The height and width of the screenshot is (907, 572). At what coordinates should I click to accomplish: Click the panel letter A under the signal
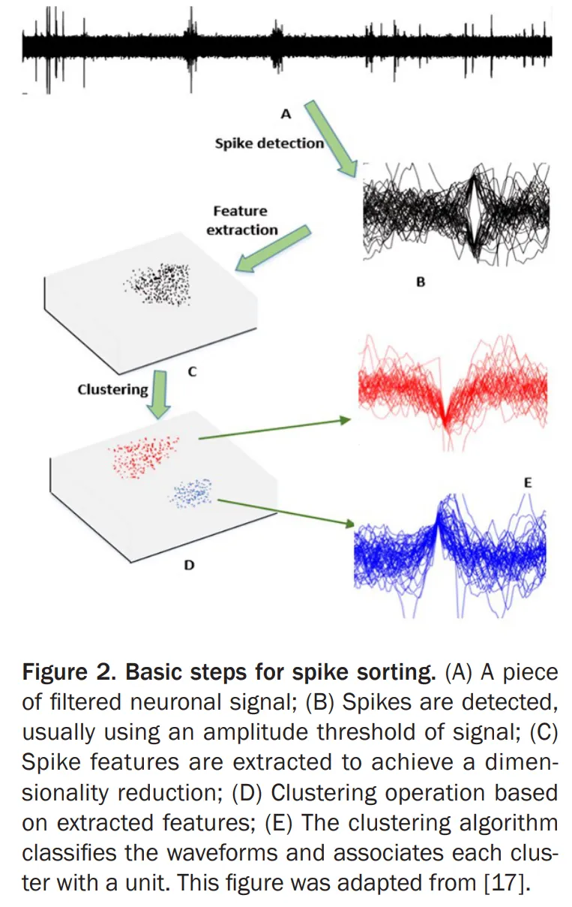point(285,114)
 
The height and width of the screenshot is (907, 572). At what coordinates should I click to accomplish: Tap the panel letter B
point(421,283)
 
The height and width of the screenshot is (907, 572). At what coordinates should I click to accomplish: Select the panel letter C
point(193,371)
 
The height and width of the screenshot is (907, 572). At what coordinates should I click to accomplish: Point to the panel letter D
point(189,565)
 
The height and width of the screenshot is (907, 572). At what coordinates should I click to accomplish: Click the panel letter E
point(528,483)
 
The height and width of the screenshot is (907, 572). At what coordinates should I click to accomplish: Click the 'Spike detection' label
point(269,143)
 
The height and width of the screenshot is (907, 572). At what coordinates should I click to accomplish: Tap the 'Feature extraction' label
point(240,221)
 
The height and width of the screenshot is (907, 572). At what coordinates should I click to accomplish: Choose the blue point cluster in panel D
point(192,492)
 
